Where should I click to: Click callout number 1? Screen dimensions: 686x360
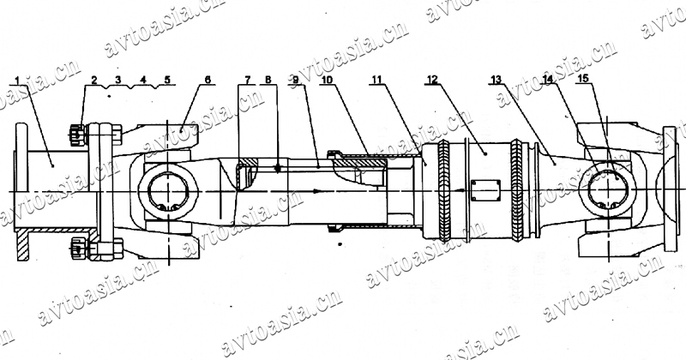(17, 81)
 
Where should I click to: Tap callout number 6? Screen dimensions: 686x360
(208, 80)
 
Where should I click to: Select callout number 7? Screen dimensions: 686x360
(248, 80)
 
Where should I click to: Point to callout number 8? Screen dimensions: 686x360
(268, 80)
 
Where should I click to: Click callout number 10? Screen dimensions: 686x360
(327, 80)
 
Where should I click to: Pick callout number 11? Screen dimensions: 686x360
(376, 80)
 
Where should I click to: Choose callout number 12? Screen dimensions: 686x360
(432, 80)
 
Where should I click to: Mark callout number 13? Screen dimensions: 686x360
(496, 80)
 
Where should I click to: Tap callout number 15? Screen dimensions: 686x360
(583, 78)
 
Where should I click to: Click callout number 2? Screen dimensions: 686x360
(94, 80)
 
